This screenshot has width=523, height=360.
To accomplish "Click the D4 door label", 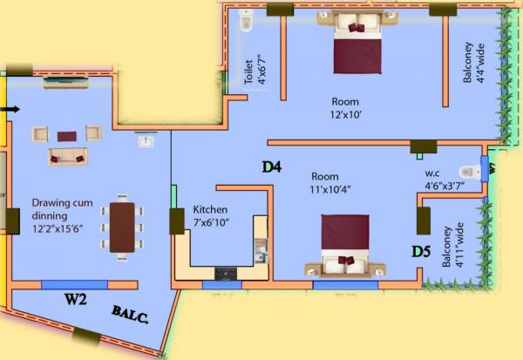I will point(271,166).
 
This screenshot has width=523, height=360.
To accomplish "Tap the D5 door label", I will point(421,253).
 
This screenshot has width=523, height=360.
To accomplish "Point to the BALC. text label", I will point(130,315).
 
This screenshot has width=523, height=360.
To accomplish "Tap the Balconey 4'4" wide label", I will point(472,61).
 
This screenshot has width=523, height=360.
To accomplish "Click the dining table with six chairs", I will point(121,227).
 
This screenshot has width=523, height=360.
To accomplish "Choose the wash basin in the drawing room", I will point(146,141).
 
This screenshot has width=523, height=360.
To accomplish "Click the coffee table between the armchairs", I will point(66,136).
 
